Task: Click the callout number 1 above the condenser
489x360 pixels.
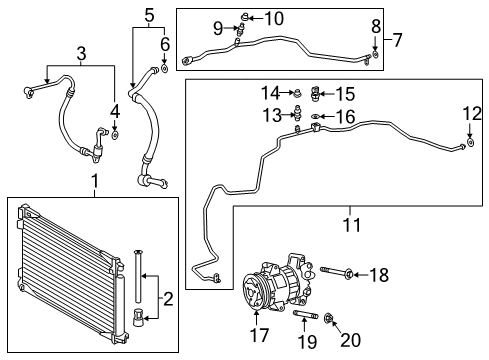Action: pos(95,182)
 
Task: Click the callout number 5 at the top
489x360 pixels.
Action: pos(149,15)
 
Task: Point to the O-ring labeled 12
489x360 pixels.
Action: pos(468,145)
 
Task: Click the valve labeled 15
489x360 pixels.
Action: pos(318,95)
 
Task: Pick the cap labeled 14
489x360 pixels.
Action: pos(296,95)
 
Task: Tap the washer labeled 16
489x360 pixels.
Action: pos(316,118)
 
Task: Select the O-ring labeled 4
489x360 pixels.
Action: pos(115,134)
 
